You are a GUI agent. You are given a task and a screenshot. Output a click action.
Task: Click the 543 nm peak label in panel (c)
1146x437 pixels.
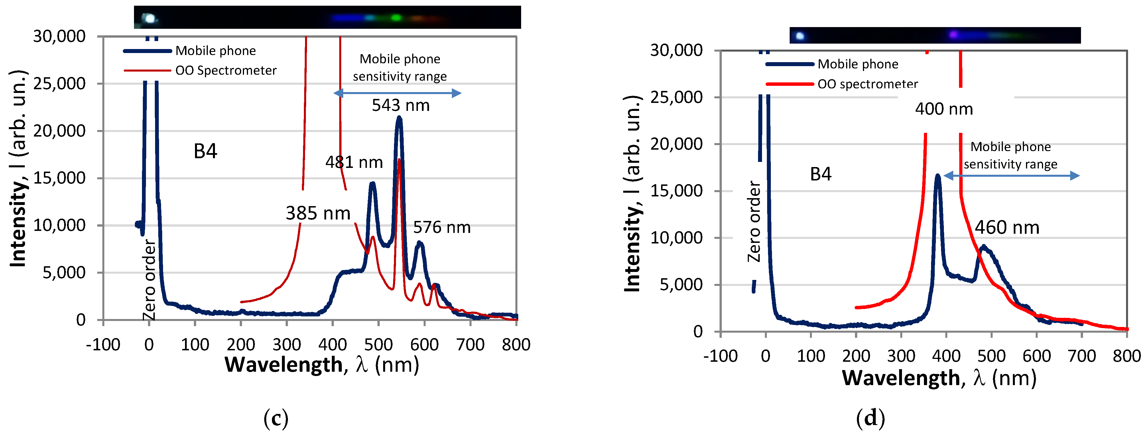[401, 105]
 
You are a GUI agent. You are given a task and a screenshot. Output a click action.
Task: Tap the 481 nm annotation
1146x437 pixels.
[354, 162]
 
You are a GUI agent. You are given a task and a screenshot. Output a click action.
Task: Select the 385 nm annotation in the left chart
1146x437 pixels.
[318, 213]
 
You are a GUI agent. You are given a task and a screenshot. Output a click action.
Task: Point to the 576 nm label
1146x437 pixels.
[442, 227]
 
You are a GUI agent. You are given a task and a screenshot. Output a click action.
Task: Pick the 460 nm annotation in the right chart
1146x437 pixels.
[1007, 228]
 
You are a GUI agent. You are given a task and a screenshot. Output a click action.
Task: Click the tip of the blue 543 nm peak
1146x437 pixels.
[399, 117]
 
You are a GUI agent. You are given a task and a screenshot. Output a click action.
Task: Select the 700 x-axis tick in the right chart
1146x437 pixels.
[1082, 356]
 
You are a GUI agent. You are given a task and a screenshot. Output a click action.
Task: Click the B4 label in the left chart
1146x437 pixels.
[205, 151]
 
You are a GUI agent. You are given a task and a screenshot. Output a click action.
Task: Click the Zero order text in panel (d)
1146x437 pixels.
[754, 221]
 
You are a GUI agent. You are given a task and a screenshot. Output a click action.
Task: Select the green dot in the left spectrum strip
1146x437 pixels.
[395, 18]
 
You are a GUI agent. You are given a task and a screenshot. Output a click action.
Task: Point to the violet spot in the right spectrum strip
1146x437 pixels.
[953, 34]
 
